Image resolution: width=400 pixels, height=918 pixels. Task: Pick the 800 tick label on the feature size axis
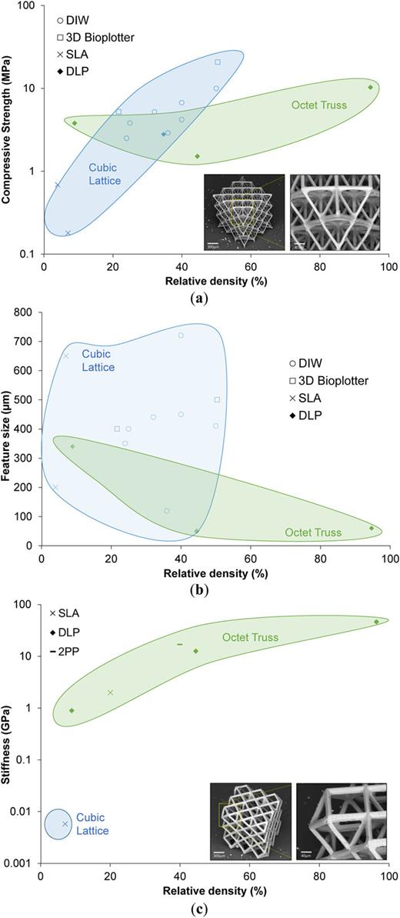(x=27, y=312)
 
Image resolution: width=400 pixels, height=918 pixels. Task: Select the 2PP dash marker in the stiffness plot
(x=180, y=623)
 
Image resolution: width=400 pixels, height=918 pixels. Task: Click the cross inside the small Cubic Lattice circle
(x=65, y=823)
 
